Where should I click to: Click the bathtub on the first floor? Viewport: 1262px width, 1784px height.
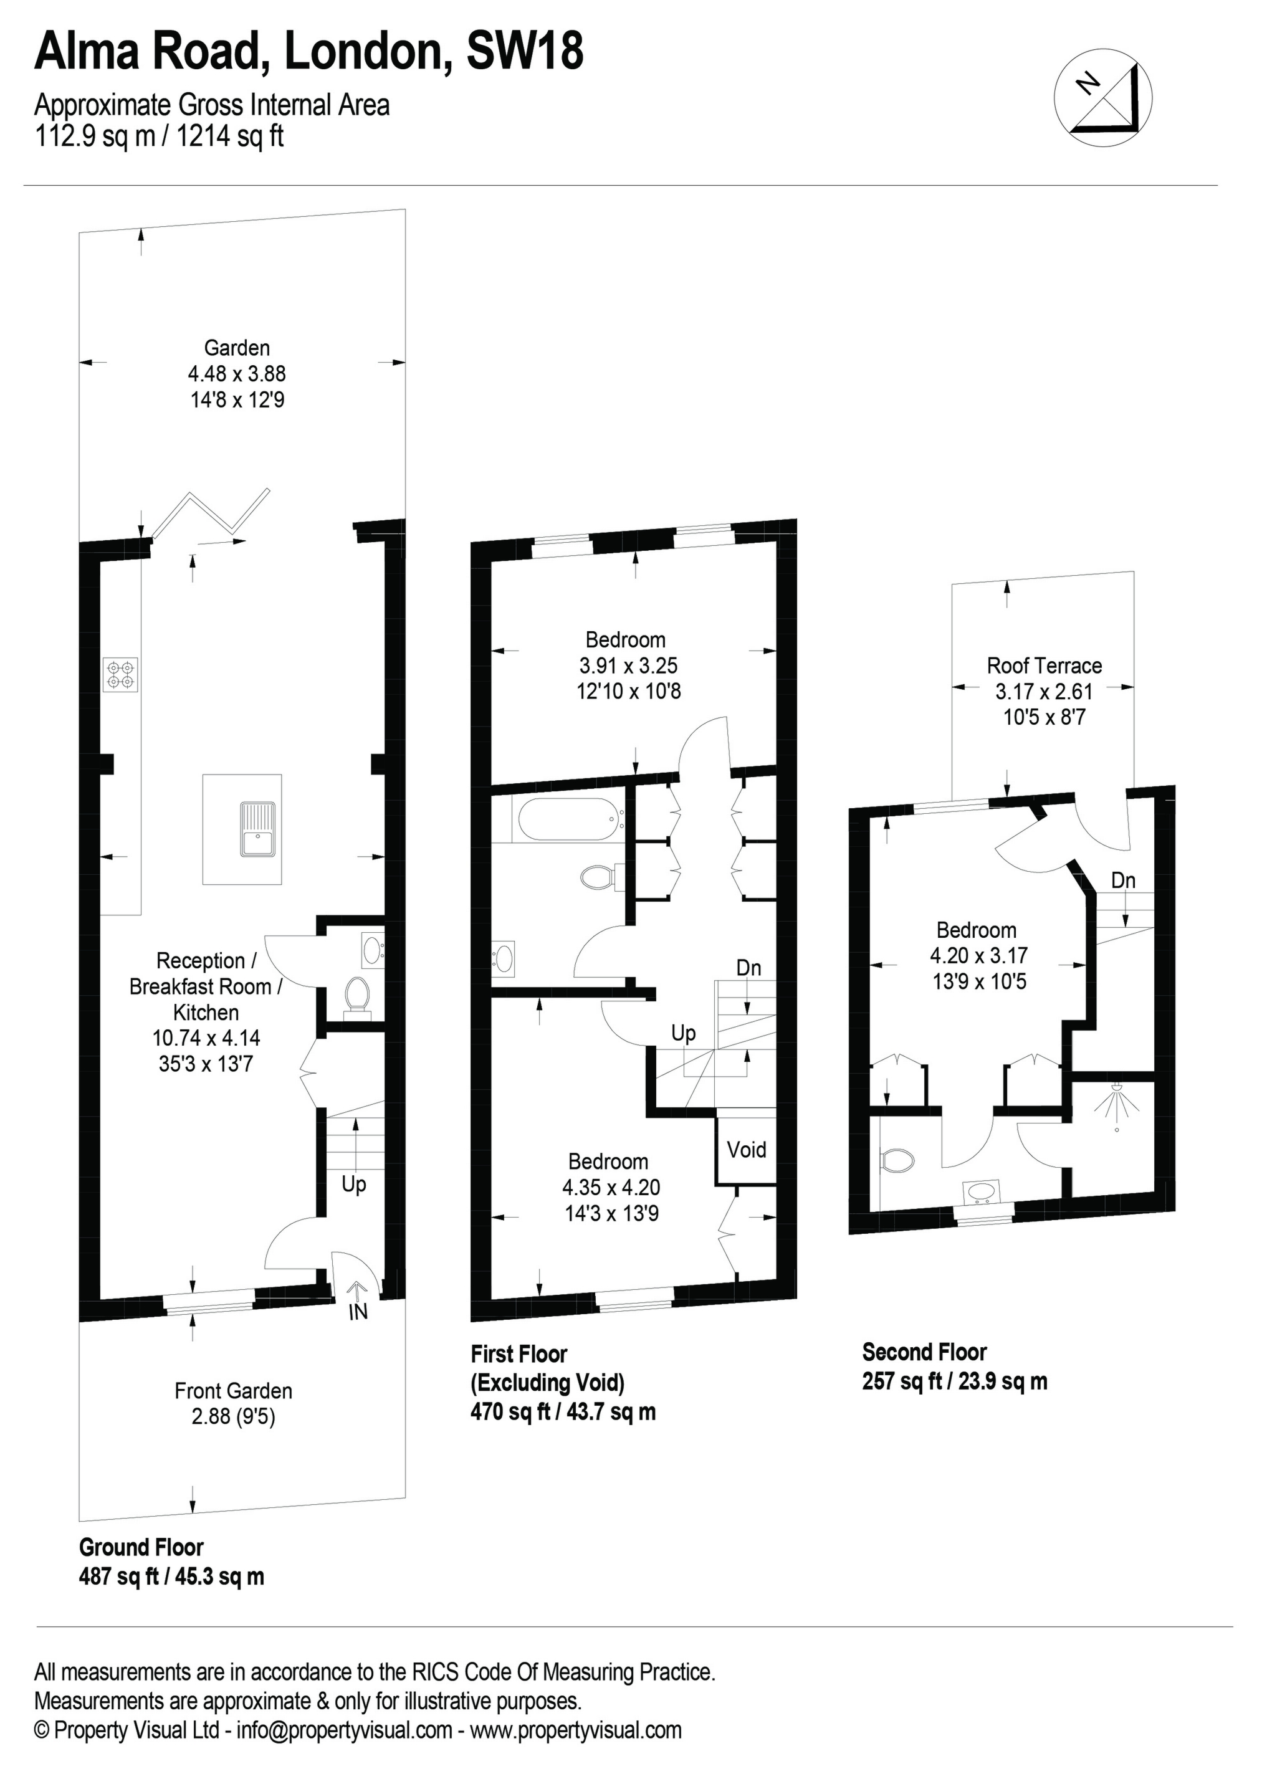[x=570, y=822]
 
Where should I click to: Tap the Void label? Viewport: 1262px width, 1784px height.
[x=746, y=1149]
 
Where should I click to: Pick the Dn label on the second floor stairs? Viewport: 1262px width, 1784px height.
[x=1123, y=880]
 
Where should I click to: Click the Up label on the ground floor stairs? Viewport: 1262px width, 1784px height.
[x=353, y=1185]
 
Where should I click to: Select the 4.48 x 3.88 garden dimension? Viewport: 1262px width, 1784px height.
[x=236, y=374]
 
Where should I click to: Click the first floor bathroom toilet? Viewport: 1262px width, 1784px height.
[x=598, y=878]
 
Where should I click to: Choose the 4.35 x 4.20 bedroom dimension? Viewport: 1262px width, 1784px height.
[x=611, y=1186]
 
